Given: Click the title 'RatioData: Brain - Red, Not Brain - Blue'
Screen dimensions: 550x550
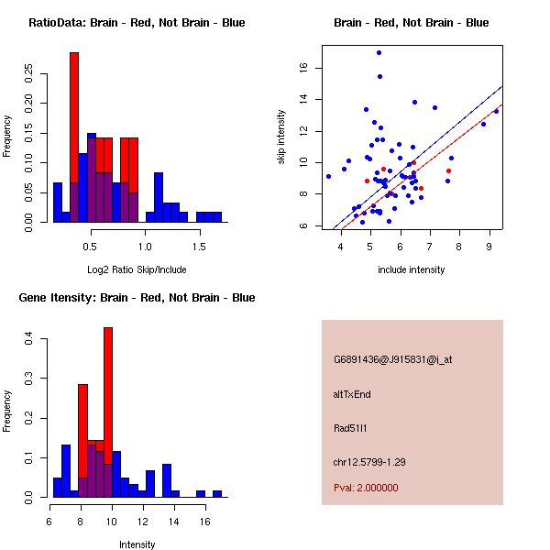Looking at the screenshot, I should pos(137,23).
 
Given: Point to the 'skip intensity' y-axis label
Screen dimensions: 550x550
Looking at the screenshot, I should pos(282,137).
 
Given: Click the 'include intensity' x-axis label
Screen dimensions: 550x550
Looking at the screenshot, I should pos(412,269).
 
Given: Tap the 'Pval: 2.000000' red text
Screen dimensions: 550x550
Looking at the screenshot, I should pos(366,488).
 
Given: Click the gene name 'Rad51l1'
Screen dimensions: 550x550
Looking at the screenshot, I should pos(350,427).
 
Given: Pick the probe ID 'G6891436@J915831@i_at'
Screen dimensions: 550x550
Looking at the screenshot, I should pos(392,359).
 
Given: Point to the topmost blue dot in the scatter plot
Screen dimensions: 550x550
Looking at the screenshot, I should pos(379,52).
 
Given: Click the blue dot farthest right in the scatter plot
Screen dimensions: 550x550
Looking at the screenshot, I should pos(496,111).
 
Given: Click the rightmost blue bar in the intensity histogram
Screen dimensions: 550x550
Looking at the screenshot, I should pos(217,493).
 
